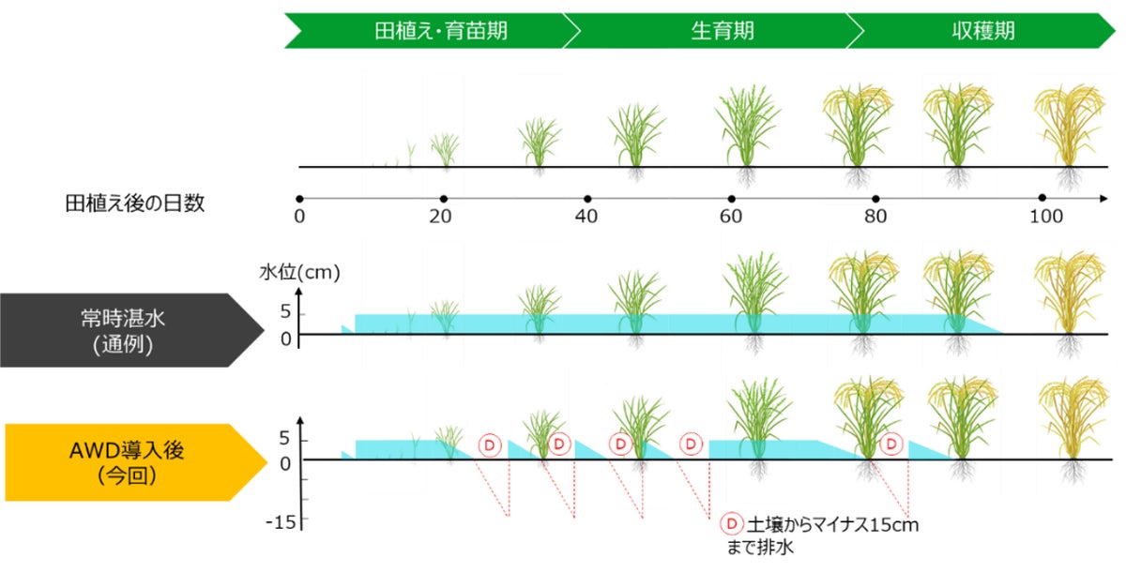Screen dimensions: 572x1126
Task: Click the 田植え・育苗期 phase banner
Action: (x=427, y=31)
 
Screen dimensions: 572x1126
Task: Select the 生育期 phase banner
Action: (x=716, y=31)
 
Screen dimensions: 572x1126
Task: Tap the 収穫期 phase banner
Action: (x=982, y=31)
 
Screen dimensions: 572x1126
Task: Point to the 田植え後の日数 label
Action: (x=134, y=203)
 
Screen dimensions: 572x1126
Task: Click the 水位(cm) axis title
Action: (x=299, y=275)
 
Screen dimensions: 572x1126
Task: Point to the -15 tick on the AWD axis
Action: (x=281, y=521)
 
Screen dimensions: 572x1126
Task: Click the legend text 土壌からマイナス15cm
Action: (x=832, y=525)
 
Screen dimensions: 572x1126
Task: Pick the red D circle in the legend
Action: (x=730, y=524)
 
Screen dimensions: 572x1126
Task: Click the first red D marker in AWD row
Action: (x=490, y=444)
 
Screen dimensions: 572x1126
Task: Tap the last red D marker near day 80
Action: (x=892, y=443)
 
